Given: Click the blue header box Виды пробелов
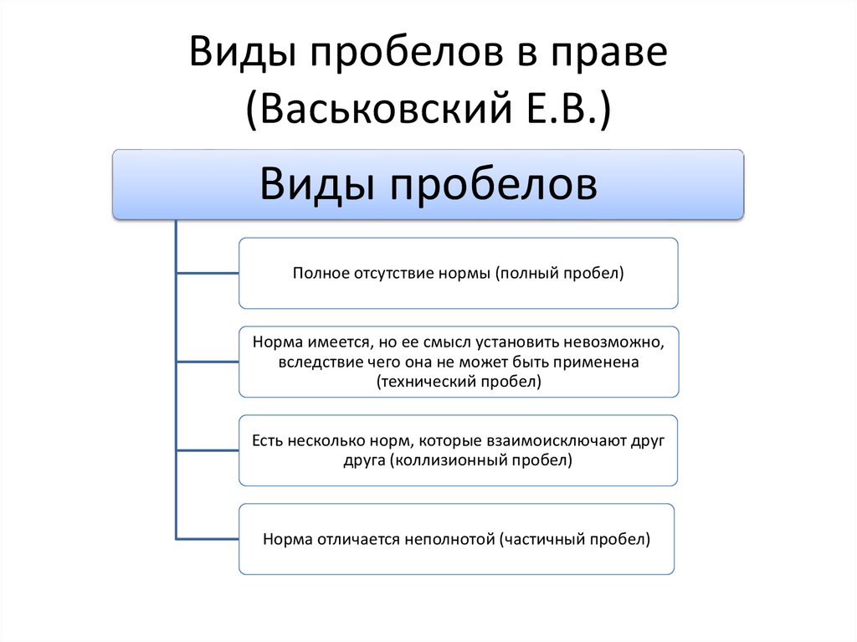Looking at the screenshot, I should pyautogui.click(x=428, y=184).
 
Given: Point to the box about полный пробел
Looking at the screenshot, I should pyautogui.click(x=458, y=273).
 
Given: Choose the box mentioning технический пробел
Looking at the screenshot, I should pyautogui.click(x=458, y=362).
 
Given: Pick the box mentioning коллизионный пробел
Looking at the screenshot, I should pyautogui.click(x=458, y=450).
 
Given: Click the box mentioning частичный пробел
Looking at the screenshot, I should pyautogui.click(x=456, y=539).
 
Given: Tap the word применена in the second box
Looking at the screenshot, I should pyautogui.click(x=604, y=362).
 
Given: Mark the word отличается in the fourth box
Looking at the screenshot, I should pyautogui.click(x=356, y=540).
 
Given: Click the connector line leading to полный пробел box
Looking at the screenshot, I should pyautogui.click(x=208, y=272).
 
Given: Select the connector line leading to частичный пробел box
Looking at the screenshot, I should pyautogui.click(x=208, y=538).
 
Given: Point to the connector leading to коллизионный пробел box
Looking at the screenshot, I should pyautogui.click(x=208, y=449).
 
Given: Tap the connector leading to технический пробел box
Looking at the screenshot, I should pyautogui.click(x=208, y=361).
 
